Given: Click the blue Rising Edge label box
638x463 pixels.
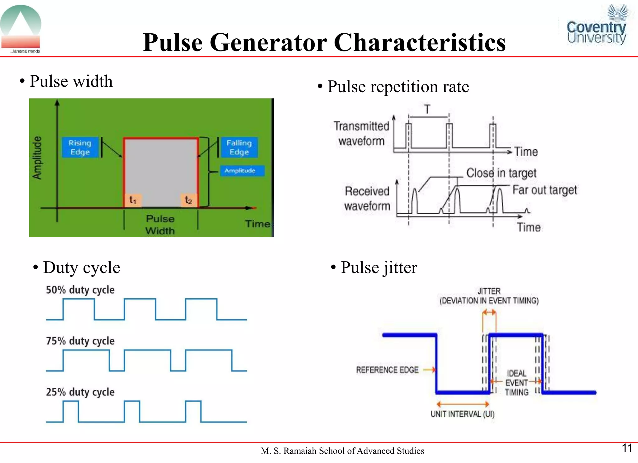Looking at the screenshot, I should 80,147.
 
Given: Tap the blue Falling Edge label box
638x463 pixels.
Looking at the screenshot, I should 239,147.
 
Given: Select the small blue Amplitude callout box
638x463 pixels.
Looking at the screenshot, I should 242,171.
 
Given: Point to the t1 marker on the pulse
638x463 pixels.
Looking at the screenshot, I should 133,200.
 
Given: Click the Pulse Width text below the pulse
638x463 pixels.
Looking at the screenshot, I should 160,224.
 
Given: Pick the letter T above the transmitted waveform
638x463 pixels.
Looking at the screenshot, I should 427,109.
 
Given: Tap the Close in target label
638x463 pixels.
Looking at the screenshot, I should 501,173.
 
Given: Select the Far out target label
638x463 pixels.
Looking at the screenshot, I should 545,190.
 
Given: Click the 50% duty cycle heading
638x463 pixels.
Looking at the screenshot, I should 80,290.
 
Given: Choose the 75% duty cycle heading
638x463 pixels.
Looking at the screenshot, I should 80,341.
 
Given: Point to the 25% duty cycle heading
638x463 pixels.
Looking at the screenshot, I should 80,392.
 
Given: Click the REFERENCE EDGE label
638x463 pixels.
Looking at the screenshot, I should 387,370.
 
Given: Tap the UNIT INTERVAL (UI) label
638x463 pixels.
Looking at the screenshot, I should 462,414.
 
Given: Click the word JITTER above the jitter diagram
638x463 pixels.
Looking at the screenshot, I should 489,291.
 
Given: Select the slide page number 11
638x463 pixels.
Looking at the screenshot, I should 627,448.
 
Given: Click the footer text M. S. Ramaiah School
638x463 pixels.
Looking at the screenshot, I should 342,451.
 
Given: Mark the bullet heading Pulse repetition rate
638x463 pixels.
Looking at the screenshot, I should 398,87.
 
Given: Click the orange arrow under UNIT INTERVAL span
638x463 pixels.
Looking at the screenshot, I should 463,404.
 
